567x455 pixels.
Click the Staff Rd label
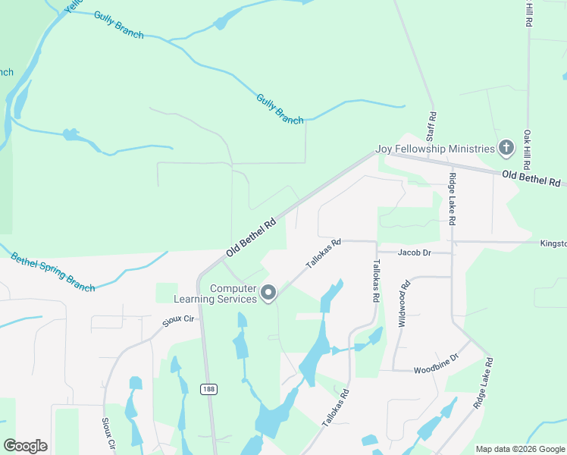click(433, 127)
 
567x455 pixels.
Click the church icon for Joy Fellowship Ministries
click(506, 148)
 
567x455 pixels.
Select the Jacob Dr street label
click(415, 252)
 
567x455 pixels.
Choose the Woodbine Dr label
click(436, 370)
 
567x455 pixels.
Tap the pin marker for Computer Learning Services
click(268, 293)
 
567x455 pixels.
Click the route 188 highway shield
click(208, 389)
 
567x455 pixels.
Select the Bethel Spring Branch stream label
click(52, 272)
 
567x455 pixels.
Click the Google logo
click(25, 445)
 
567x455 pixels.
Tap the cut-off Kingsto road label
click(553, 244)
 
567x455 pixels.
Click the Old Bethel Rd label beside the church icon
click(531, 179)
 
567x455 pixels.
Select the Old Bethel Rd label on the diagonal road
click(250, 238)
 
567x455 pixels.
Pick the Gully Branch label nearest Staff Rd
click(279, 109)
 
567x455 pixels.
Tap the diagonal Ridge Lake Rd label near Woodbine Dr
click(484, 383)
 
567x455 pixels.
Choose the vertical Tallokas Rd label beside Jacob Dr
click(375, 281)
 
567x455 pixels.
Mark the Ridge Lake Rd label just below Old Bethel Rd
click(453, 199)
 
